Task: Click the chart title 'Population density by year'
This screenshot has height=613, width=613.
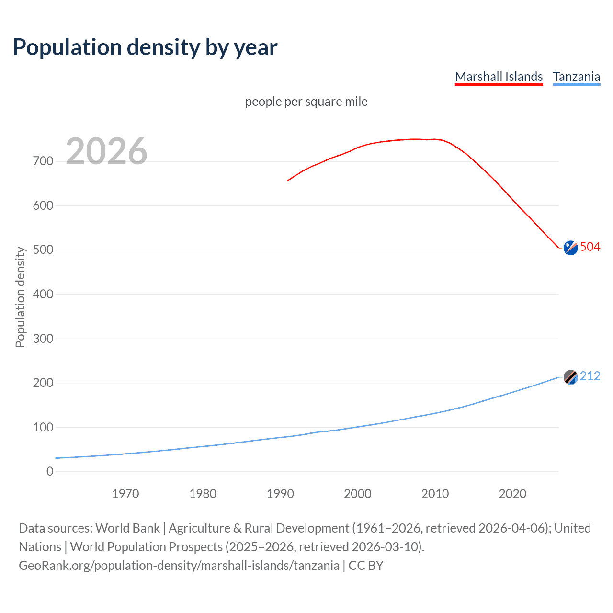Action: click(x=145, y=47)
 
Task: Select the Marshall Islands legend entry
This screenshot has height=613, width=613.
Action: click(x=499, y=77)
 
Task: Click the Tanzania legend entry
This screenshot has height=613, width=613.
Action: click(x=576, y=77)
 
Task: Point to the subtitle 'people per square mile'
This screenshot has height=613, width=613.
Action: click(x=306, y=102)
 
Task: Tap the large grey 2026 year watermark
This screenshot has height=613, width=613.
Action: click(x=106, y=151)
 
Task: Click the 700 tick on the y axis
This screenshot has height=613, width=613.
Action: click(x=43, y=161)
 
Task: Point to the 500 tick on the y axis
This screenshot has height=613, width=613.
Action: click(x=43, y=250)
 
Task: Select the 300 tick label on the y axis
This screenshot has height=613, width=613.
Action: click(x=43, y=339)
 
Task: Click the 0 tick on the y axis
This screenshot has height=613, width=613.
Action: click(x=50, y=471)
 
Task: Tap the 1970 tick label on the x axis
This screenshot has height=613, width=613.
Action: click(x=125, y=494)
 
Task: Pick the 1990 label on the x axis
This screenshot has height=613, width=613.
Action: click(x=280, y=494)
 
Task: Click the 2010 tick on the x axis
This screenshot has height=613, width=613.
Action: click(x=435, y=494)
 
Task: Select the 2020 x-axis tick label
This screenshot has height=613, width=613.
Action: click(x=512, y=494)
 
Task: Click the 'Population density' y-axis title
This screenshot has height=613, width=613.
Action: click(x=20, y=297)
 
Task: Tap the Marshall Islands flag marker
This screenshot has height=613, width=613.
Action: click(x=570, y=248)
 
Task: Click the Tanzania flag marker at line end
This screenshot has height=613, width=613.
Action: click(x=570, y=377)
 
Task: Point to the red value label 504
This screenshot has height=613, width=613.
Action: click(x=590, y=247)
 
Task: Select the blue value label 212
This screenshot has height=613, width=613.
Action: click(x=590, y=376)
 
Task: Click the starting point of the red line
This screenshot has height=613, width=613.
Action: click(x=288, y=181)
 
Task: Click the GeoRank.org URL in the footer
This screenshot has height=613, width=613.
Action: click(x=179, y=566)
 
